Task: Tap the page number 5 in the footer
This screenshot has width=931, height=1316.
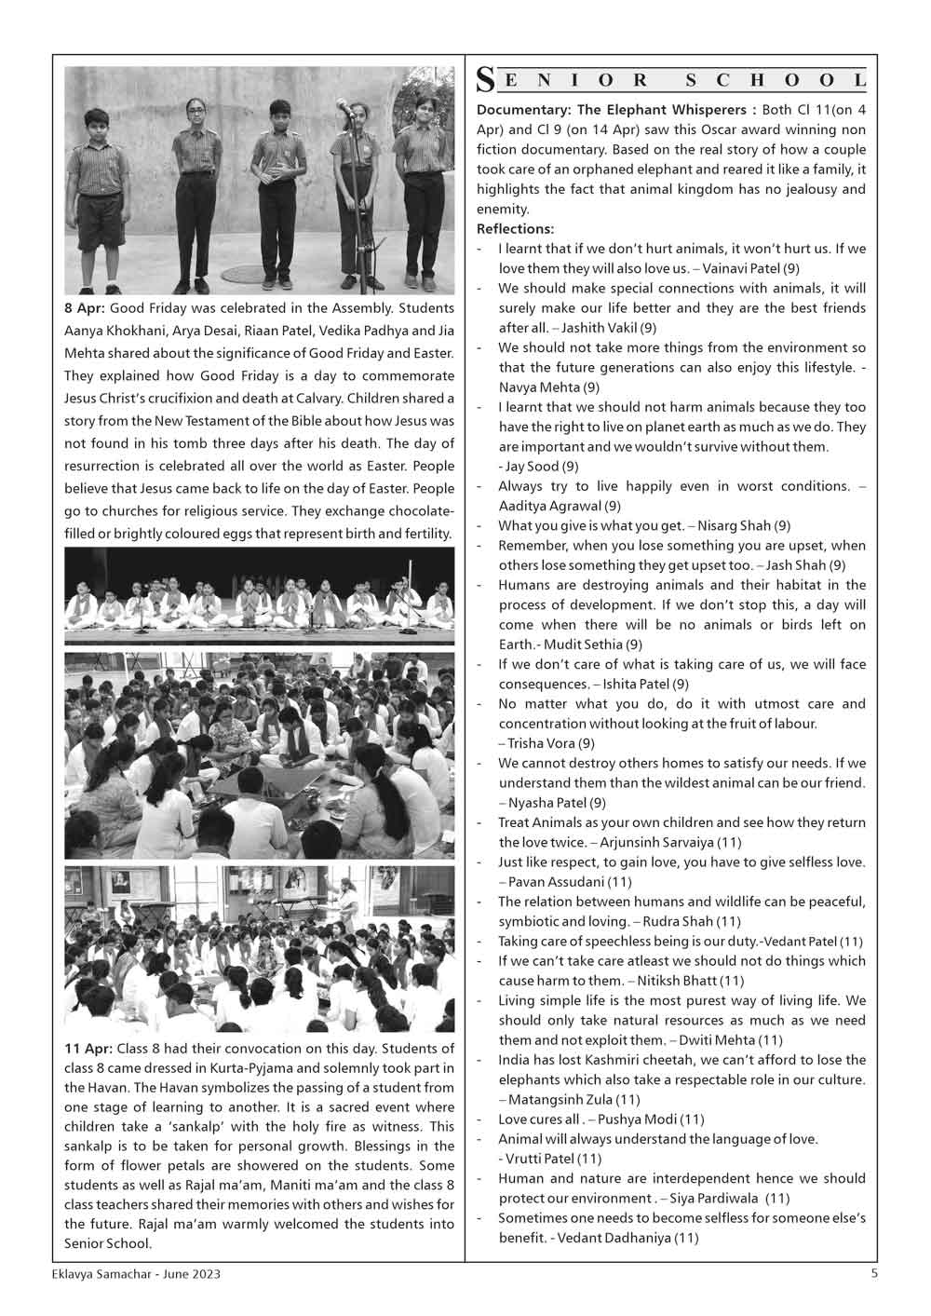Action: [874, 1273]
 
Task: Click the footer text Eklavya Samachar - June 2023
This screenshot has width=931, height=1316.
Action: [137, 1274]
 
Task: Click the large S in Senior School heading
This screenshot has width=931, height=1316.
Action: [485, 81]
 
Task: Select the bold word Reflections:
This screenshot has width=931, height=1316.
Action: [515, 229]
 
